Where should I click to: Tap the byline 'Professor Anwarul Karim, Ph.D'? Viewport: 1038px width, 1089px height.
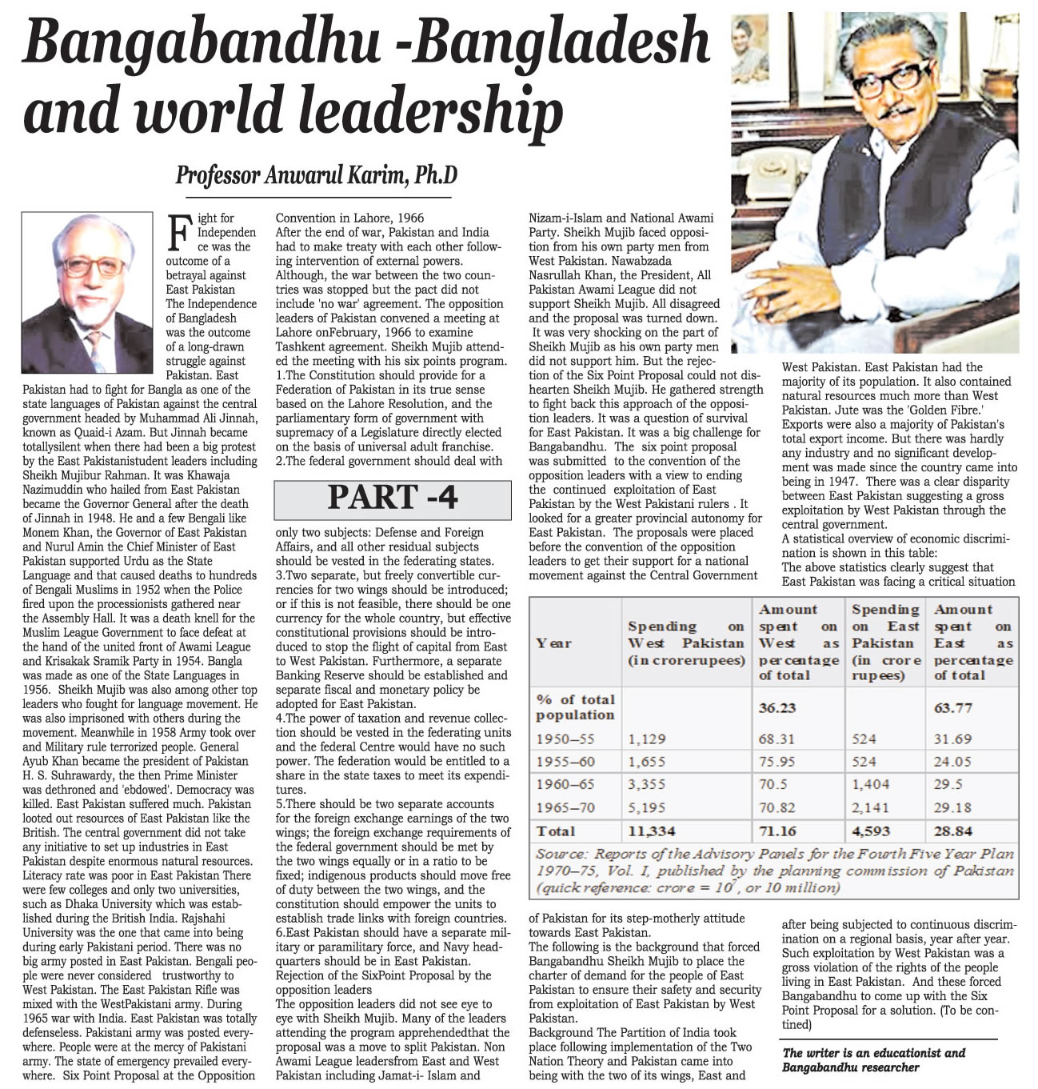coord(317,174)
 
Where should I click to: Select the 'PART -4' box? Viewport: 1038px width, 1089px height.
coord(393,498)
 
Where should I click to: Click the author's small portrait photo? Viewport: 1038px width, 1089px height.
coord(88,282)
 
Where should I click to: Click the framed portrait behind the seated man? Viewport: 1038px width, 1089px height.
coord(758,48)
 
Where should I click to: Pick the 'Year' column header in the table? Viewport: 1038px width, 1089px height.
coord(553,643)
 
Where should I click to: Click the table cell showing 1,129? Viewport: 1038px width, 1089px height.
coord(647,739)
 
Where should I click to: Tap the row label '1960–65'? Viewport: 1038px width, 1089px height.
coord(565,785)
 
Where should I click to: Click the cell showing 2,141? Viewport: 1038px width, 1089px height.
coord(869,808)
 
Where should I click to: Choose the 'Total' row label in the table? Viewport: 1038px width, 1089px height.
coord(556,831)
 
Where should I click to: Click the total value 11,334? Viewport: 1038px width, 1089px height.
coord(652,831)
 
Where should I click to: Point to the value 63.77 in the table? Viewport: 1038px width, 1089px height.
coord(953,707)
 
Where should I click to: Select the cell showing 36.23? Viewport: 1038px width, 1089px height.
coord(778,707)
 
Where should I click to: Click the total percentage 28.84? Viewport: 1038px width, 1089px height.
coord(953,831)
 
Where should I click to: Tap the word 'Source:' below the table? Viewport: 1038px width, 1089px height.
coord(561,854)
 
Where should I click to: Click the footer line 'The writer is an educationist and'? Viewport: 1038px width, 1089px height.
coord(874,1053)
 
